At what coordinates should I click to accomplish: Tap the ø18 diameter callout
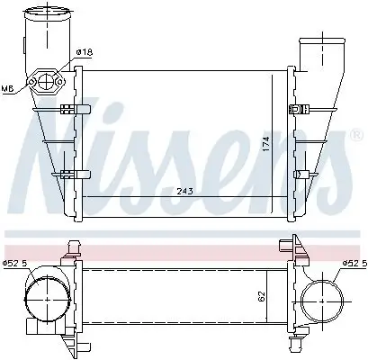pos(84,53)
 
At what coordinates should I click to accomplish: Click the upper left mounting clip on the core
pos(72,111)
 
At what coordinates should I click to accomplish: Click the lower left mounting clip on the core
pos(72,174)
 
